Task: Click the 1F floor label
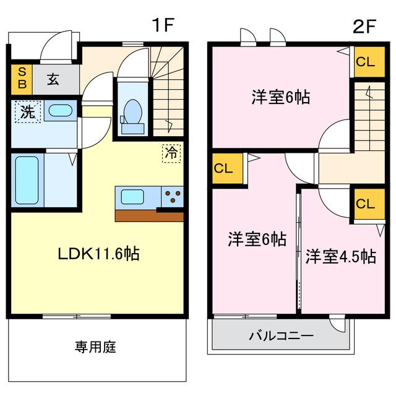pyautogui.click(x=165, y=25)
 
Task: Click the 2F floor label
pyautogui.click(x=365, y=25)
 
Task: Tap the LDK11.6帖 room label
pyautogui.click(x=98, y=253)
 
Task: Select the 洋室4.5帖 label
pyautogui.click(x=340, y=256)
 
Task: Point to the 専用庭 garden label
pyautogui.click(x=96, y=346)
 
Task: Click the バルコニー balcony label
pyautogui.click(x=282, y=336)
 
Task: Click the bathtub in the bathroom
pyautogui.click(x=26, y=181)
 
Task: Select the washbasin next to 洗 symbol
pyautogui.click(x=59, y=111)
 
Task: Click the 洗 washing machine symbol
pyautogui.click(x=28, y=113)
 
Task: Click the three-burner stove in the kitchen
pyautogui.click(x=173, y=197)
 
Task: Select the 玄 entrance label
pyautogui.click(x=54, y=80)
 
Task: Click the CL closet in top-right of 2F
pyautogui.click(x=365, y=62)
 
